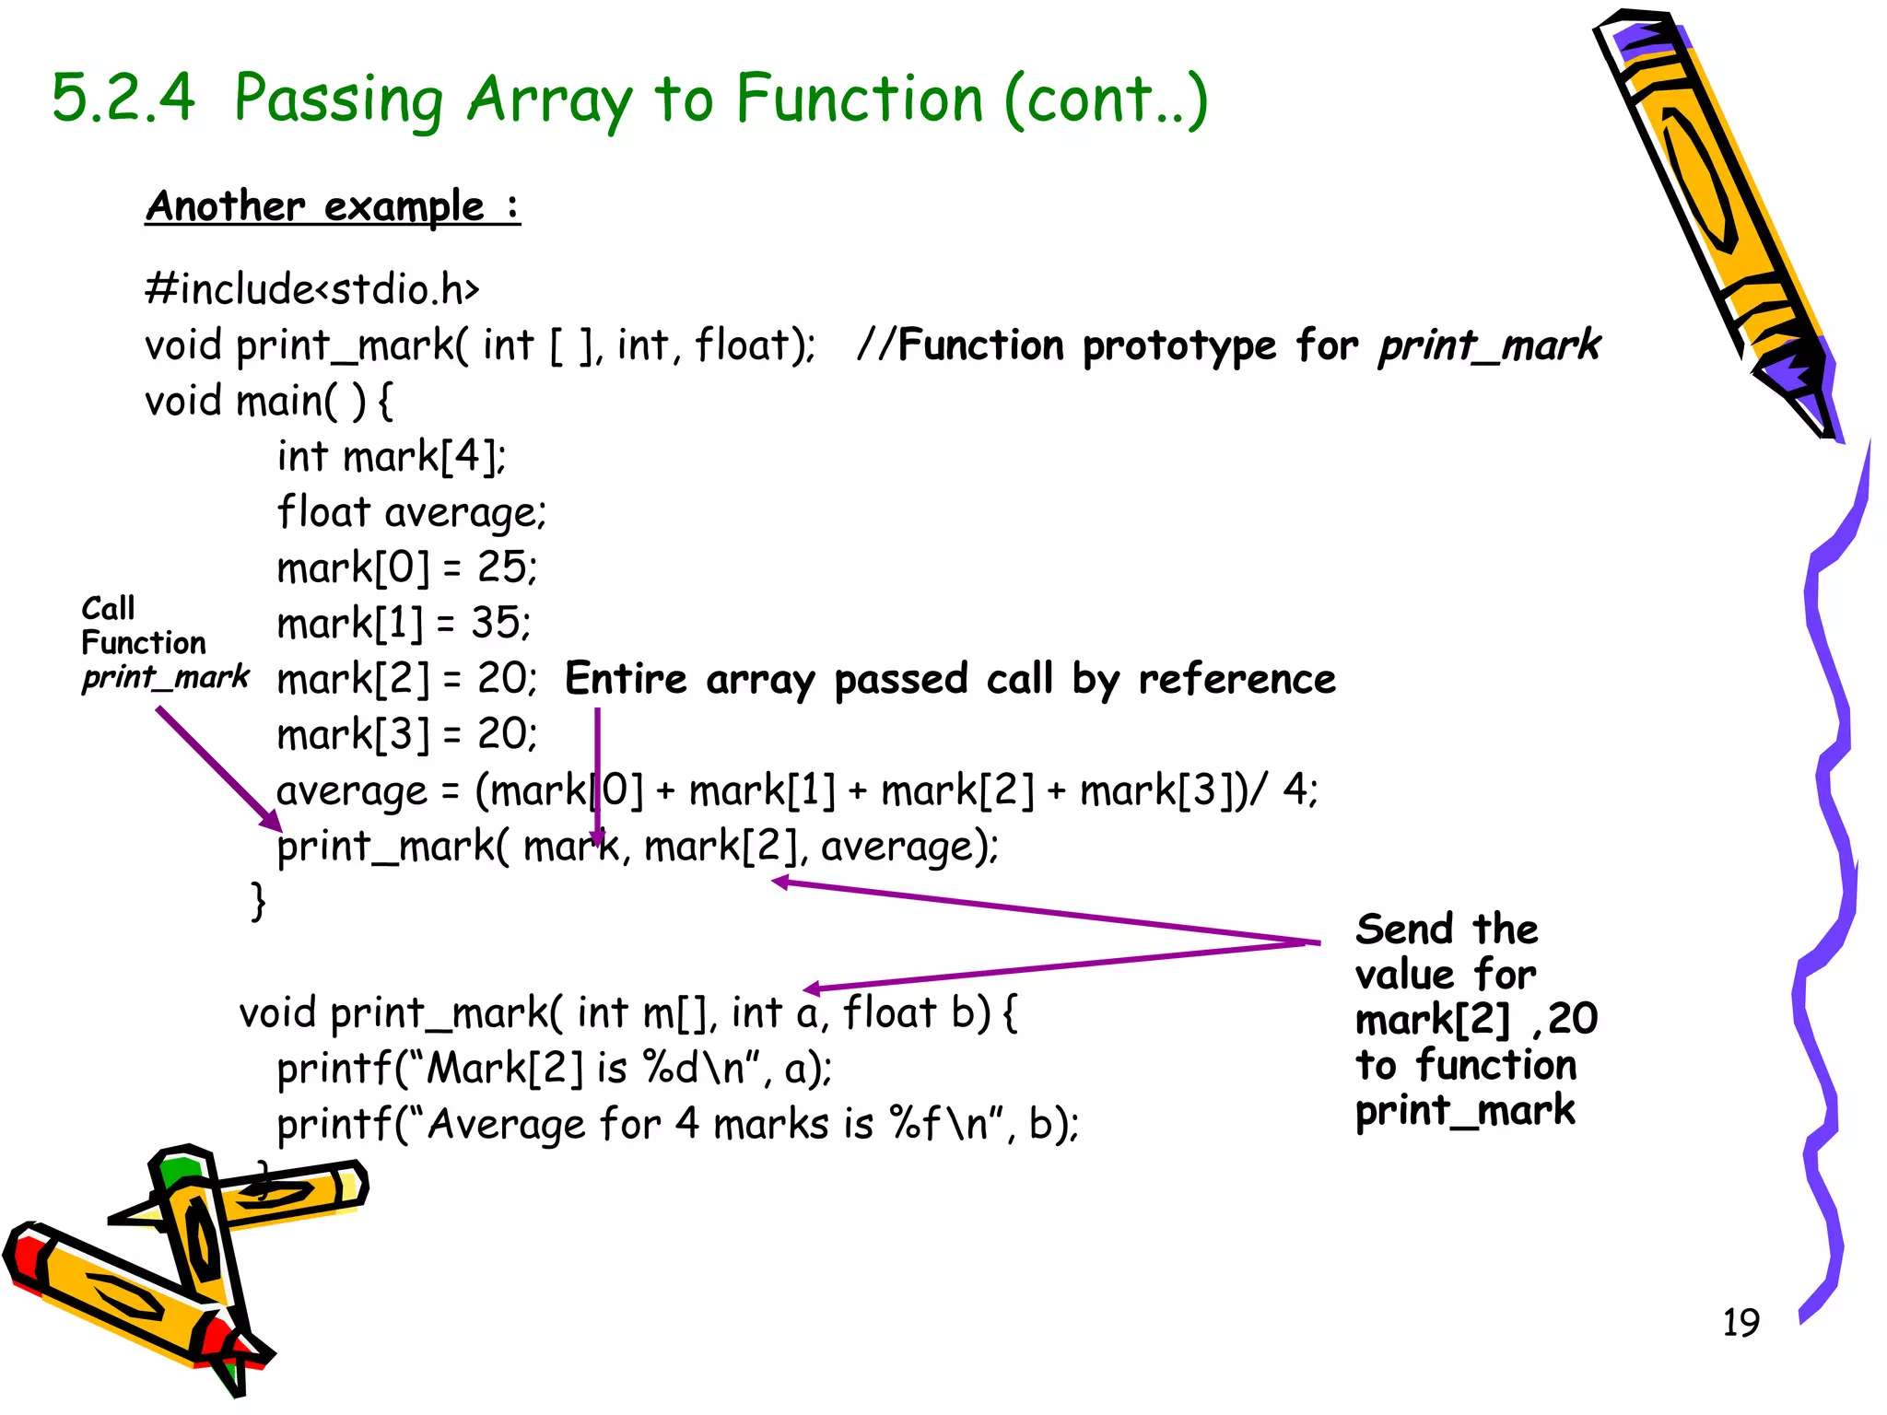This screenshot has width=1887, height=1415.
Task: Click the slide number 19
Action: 1740,1322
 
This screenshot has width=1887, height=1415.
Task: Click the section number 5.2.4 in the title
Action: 123,98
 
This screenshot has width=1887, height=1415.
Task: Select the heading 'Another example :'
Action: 332,206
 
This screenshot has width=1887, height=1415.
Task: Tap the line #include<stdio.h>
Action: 312,289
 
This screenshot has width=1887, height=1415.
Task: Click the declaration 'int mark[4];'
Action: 392,457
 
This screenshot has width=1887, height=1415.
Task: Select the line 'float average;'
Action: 412,513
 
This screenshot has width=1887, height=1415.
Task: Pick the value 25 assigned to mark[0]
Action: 500,567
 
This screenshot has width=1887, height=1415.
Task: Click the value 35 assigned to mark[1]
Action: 496,624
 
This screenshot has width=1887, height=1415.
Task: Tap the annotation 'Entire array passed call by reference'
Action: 950,680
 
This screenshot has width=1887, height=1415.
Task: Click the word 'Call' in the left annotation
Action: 108,608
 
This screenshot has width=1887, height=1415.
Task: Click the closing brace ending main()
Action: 258,901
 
